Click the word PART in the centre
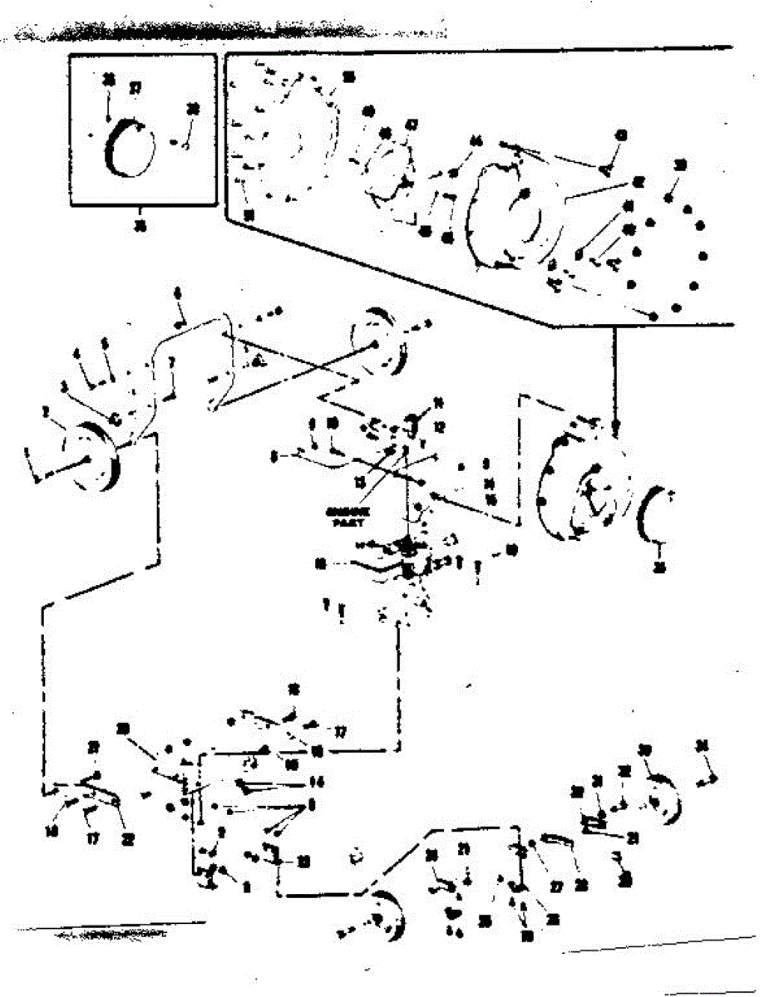(x=343, y=523)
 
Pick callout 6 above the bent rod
(x=177, y=292)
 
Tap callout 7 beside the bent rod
(x=171, y=362)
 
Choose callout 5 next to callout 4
(x=105, y=343)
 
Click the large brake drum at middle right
(x=582, y=490)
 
